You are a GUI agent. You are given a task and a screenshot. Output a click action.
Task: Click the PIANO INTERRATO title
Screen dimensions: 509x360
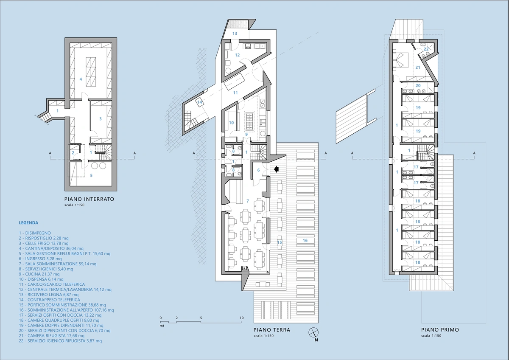point(89,199)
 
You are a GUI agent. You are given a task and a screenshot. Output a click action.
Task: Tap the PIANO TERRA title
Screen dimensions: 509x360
point(272,330)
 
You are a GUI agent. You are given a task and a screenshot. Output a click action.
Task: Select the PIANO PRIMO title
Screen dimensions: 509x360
point(440,330)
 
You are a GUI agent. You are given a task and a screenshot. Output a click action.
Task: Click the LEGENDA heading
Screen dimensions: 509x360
point(28,222)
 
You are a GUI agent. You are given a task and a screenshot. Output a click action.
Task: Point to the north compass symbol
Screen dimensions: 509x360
point(313,332)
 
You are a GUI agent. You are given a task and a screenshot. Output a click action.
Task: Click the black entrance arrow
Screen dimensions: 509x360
point(276,169)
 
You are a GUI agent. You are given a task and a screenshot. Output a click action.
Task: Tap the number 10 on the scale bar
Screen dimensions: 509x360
point(241,318)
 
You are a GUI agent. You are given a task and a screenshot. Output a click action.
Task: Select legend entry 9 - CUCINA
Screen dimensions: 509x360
point(39,274)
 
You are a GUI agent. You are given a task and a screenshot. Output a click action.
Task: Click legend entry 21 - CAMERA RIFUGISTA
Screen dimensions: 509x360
point(52,336)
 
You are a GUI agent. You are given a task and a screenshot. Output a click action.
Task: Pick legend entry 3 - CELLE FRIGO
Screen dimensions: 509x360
point(44,243)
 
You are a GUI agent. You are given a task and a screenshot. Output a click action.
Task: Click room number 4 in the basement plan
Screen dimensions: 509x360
point(81,79)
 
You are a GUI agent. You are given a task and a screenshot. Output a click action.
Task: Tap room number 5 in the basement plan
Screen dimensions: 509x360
point(91,176)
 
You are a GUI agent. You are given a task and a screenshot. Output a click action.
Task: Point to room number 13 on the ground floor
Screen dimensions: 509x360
point(235,34)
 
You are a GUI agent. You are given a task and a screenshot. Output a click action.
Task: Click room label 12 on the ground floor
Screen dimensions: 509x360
point(237,55)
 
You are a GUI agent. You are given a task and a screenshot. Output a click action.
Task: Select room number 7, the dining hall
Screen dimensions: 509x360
point(248,201)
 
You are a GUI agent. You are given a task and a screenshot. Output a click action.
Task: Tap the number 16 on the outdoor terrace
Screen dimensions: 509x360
point(305,240)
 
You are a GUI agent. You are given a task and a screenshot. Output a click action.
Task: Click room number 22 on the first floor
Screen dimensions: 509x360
point(426,49)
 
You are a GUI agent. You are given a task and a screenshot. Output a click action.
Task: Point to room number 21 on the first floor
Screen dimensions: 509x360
point(418,67)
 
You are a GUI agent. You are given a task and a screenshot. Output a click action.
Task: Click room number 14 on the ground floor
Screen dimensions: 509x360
point(199,102)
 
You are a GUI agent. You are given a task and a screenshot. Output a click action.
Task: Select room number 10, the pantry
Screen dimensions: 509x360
point(231,123)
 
